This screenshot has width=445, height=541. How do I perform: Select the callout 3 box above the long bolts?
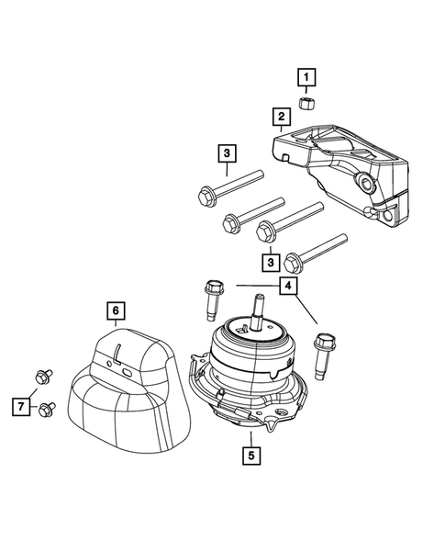(x=227, y=153)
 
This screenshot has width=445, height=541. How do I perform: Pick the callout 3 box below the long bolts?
(x=270, y=263)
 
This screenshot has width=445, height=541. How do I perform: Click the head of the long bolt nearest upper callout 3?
(x=206, y=195)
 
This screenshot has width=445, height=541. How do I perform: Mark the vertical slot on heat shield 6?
(x=119, y=352)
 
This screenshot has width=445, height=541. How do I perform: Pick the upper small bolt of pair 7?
(x=41, y=377)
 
